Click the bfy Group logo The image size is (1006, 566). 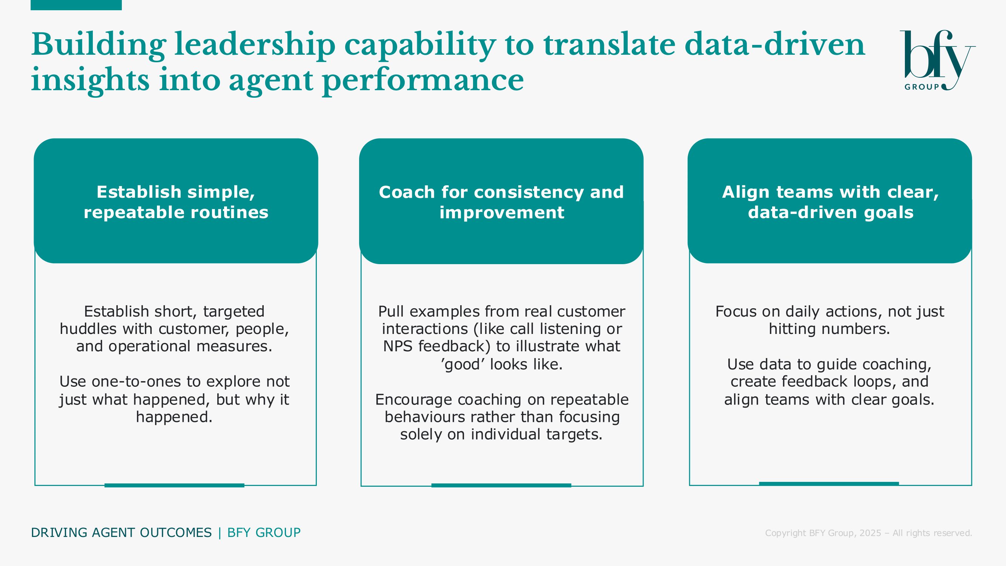(937, 60)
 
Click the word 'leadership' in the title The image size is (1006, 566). (255, 45)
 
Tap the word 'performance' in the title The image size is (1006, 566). (423, 80)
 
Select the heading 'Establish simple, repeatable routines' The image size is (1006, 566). (176, 202)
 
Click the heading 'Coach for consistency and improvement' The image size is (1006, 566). (501, 202)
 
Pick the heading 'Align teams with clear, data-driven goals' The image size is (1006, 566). (830, 202)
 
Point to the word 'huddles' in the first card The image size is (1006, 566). (88, 329)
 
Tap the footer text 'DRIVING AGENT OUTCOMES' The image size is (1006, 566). (121, 533)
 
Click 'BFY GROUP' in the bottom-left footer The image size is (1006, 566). (264, 533)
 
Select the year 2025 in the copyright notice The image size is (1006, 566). (871, 533)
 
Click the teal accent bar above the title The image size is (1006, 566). (76, 5)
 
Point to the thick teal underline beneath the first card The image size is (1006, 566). (174, 485)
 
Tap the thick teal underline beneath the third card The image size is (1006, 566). (829, 484)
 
